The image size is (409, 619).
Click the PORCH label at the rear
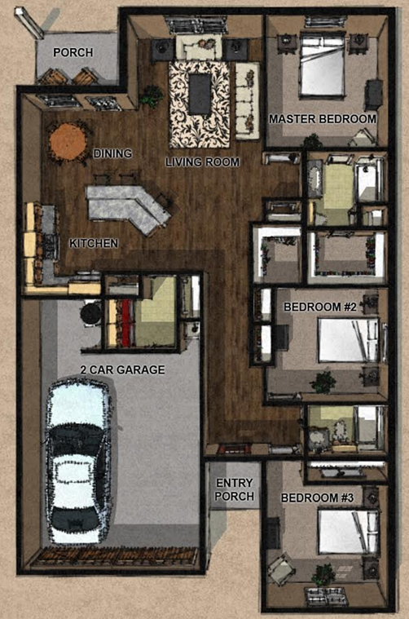pos(73,52)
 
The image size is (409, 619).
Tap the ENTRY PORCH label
pos(235,489)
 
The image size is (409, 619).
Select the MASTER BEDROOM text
pos(323,119)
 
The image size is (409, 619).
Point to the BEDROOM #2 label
pos(320,307)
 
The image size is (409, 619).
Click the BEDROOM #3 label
pos(318,497)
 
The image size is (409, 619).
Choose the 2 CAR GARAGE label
pos(123,369)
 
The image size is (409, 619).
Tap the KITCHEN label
pos(94,243)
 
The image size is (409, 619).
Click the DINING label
pos(112,153)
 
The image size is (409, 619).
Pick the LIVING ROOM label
pos(202,161)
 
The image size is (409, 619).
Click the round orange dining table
pos(68,141)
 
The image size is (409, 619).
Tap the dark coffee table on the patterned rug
pos(200,94)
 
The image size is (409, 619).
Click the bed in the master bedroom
pos(322,64)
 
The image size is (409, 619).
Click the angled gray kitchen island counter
pos(128,208)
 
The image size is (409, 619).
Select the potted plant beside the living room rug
pos(151,96)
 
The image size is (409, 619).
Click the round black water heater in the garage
pos(91,313)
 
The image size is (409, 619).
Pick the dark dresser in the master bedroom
pos(373,95)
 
